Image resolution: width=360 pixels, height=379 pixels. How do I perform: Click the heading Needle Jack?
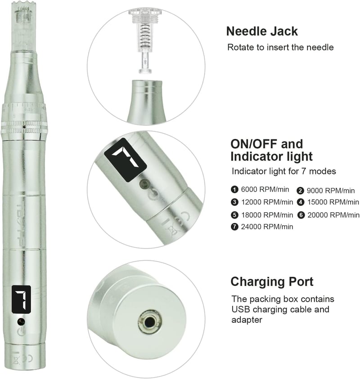[x=262, y=31]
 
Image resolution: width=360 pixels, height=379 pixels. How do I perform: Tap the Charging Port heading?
[x=272, y=282]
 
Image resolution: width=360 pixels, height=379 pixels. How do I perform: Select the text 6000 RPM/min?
[x=265, y=190]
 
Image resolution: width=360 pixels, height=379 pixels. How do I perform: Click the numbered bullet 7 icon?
[x=234, y=227]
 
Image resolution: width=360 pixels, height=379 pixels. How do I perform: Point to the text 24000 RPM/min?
[x=267, y=227]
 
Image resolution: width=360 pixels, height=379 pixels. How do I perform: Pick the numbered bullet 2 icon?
[x=300, y=191]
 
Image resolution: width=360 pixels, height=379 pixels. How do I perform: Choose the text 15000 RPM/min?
[x=333, y=202]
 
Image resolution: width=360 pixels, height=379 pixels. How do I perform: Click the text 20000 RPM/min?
[x=333, y=215]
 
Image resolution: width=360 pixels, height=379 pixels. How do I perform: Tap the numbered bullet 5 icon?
[x=234, y=215]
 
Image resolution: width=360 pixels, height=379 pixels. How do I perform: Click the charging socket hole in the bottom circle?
[x=150, y=322]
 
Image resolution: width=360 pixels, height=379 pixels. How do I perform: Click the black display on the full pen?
[x=21, y=299]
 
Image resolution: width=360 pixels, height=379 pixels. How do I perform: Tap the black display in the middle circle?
[x=125, y=160]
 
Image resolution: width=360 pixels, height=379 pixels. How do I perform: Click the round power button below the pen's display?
[x=21, y=321]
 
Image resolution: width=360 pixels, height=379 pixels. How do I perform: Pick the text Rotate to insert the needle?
[x=280, y=47]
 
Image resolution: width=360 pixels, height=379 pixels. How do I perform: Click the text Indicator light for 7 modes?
[x=284, y=171]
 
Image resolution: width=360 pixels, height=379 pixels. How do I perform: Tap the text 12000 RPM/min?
[x=267, y=202]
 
